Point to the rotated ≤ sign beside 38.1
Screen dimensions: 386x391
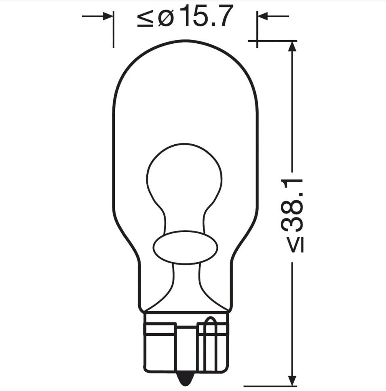296,244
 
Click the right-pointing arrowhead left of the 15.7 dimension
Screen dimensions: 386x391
108,17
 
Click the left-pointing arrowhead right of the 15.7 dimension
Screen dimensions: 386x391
263,17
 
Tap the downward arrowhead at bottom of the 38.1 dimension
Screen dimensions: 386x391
292,380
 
